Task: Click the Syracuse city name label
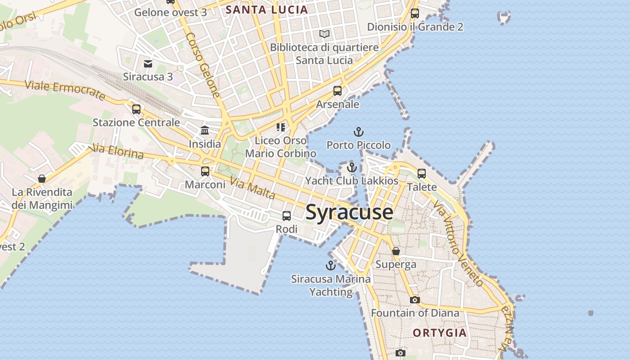pos(349,212)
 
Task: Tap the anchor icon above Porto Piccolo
pos(359,132)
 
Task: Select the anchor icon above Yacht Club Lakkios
pos(352,167)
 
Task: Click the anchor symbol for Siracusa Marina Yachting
pos(331,265)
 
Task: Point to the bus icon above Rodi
pos(287,216)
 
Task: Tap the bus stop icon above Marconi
pos(205,171)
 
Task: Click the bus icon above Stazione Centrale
pos(136,109)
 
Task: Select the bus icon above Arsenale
pos(337,91)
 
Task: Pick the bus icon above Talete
pos(422,173)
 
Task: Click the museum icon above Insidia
pos(205,130)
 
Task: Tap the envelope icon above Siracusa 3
pos(148,63)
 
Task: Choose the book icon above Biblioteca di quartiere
pos(324,34)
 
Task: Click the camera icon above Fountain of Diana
pos(415,300)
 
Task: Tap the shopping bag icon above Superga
pos(396,251)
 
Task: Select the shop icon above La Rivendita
pos(42,179)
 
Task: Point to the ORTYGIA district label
pos(440,333)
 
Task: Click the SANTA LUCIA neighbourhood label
pos(267,9)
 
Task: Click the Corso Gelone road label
pos(204,65)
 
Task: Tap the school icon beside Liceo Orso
pos(281,127)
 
